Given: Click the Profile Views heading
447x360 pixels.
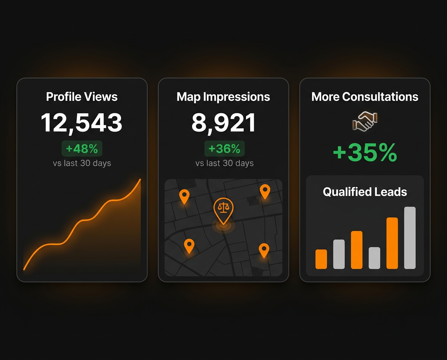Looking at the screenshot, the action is click(x=82, y=97).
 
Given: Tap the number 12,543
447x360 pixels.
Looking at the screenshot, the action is click(x=81, y=123).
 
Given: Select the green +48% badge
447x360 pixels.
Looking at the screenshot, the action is click(x=82, y=149).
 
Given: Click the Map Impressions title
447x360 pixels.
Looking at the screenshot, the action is click(x=223, y=97).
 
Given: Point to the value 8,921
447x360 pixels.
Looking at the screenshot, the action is click(x=223, y=123).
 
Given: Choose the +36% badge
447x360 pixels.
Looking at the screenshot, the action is click(x=224, y=149).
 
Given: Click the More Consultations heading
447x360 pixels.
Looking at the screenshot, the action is click(x=365, y=97).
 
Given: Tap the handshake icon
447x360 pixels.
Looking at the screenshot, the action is click(x=365, y=121).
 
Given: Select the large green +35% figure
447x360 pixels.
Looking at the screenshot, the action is click(x=365, y=152).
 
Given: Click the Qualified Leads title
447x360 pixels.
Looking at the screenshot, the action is click(x=365, y=192).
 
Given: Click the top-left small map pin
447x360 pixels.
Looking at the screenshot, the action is click(x=184, y=197).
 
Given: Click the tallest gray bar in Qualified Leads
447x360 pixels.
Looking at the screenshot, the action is click(x=410, y=238).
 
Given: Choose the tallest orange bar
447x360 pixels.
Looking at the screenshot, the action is click(x=392, y=243).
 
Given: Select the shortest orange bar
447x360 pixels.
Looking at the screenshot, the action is click(x=321, y=259).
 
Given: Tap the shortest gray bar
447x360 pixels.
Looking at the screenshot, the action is click(x=374, y=258).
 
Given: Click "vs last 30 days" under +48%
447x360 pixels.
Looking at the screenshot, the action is click(x=82, y=163).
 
